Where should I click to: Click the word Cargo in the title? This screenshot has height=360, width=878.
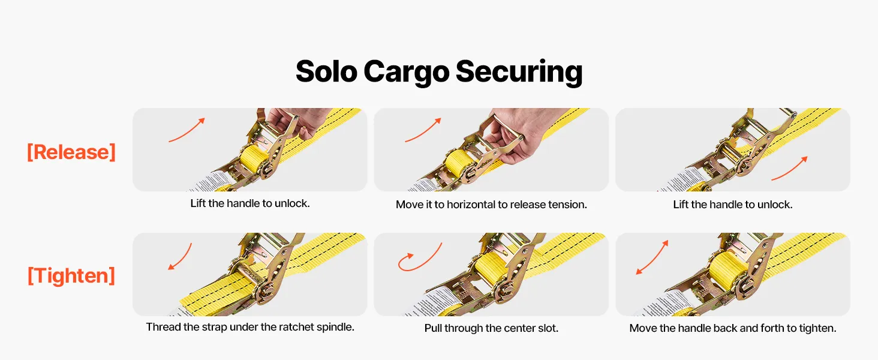pos(406,72)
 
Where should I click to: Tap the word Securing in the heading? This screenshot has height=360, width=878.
pos(519,72)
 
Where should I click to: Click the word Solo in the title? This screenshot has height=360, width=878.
pos(326,71)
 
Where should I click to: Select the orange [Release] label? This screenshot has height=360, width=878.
pos(71,152)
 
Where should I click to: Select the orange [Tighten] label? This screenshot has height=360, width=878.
pos(71,275)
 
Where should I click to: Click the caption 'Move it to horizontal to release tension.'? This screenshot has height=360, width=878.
pos(491,205)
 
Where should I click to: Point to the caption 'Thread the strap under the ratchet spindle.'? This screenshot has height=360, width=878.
pos(250,327)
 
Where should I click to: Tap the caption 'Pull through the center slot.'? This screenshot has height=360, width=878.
pos(491,328)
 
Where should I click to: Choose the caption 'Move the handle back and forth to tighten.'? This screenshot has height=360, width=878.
pos(733,328)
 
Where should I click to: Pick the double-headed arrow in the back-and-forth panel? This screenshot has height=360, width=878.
pos(652,257)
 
